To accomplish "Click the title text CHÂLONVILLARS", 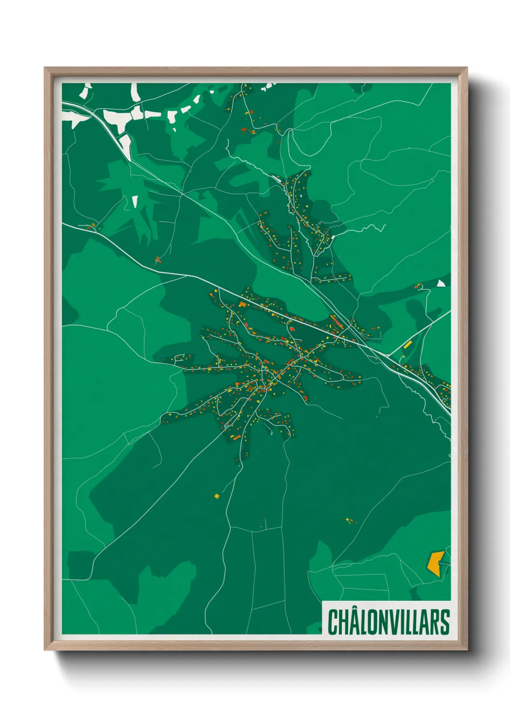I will tap(389, 622).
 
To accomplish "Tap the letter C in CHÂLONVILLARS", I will tap(333, 622).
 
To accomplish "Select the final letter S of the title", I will tap(445, 622).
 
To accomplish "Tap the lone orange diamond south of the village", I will tap(217, 496).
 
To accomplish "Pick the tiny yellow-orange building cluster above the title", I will tap(349, 520).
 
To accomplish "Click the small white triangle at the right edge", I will tap(441, 284).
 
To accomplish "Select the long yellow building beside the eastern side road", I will tap(408, 344).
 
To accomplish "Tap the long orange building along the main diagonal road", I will tap(336, 321).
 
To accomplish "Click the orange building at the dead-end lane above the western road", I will tap(157, 261).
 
